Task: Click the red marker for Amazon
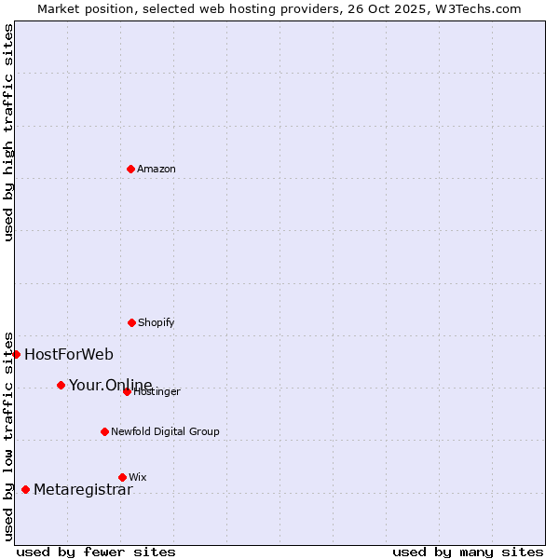[x=131, y=169]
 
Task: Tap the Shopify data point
[x=132, y=322]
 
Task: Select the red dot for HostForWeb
[x=16, y=354]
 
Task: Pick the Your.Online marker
[x=61, y=385]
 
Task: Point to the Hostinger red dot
[x=127, y=391]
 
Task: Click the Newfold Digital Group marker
[x=104, y=431]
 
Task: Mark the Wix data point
[x=122, y=477]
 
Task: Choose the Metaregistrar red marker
[x=25, y=490]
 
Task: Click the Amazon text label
[x=157, y=169]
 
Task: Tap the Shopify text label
[x=157, y=322]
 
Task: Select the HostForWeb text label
[x=69, y=354]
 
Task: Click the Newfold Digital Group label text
[x=165, y=431]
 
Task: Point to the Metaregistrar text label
[x=83, y=490]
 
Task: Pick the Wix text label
[x=138, y=477]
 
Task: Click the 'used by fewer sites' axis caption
[x=96, y=552]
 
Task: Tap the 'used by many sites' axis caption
[x=468, y=552]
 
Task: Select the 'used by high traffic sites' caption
[x=8, y=133]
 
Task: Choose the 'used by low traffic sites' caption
[x=8, y=435]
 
